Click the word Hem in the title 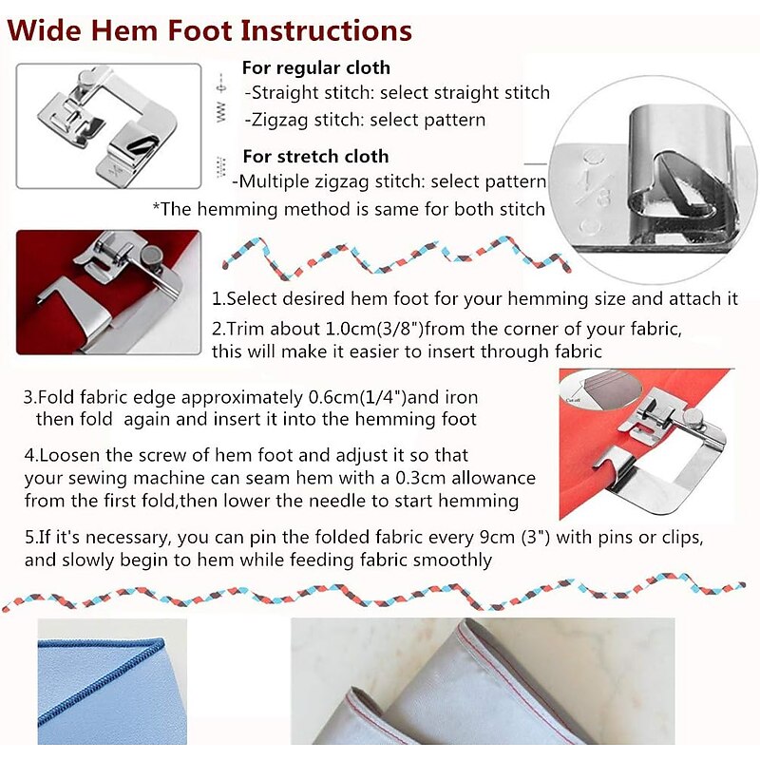[124, 30]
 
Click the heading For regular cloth [316, 67]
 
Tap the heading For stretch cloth [315, 156]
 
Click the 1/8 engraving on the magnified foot [593, 188]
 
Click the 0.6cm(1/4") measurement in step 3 [358, 397]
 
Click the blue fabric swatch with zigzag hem [112, 682]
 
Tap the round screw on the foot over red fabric [155, 255]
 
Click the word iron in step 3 [462, 397]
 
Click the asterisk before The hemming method [156, 207]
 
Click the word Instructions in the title [326, 30]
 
